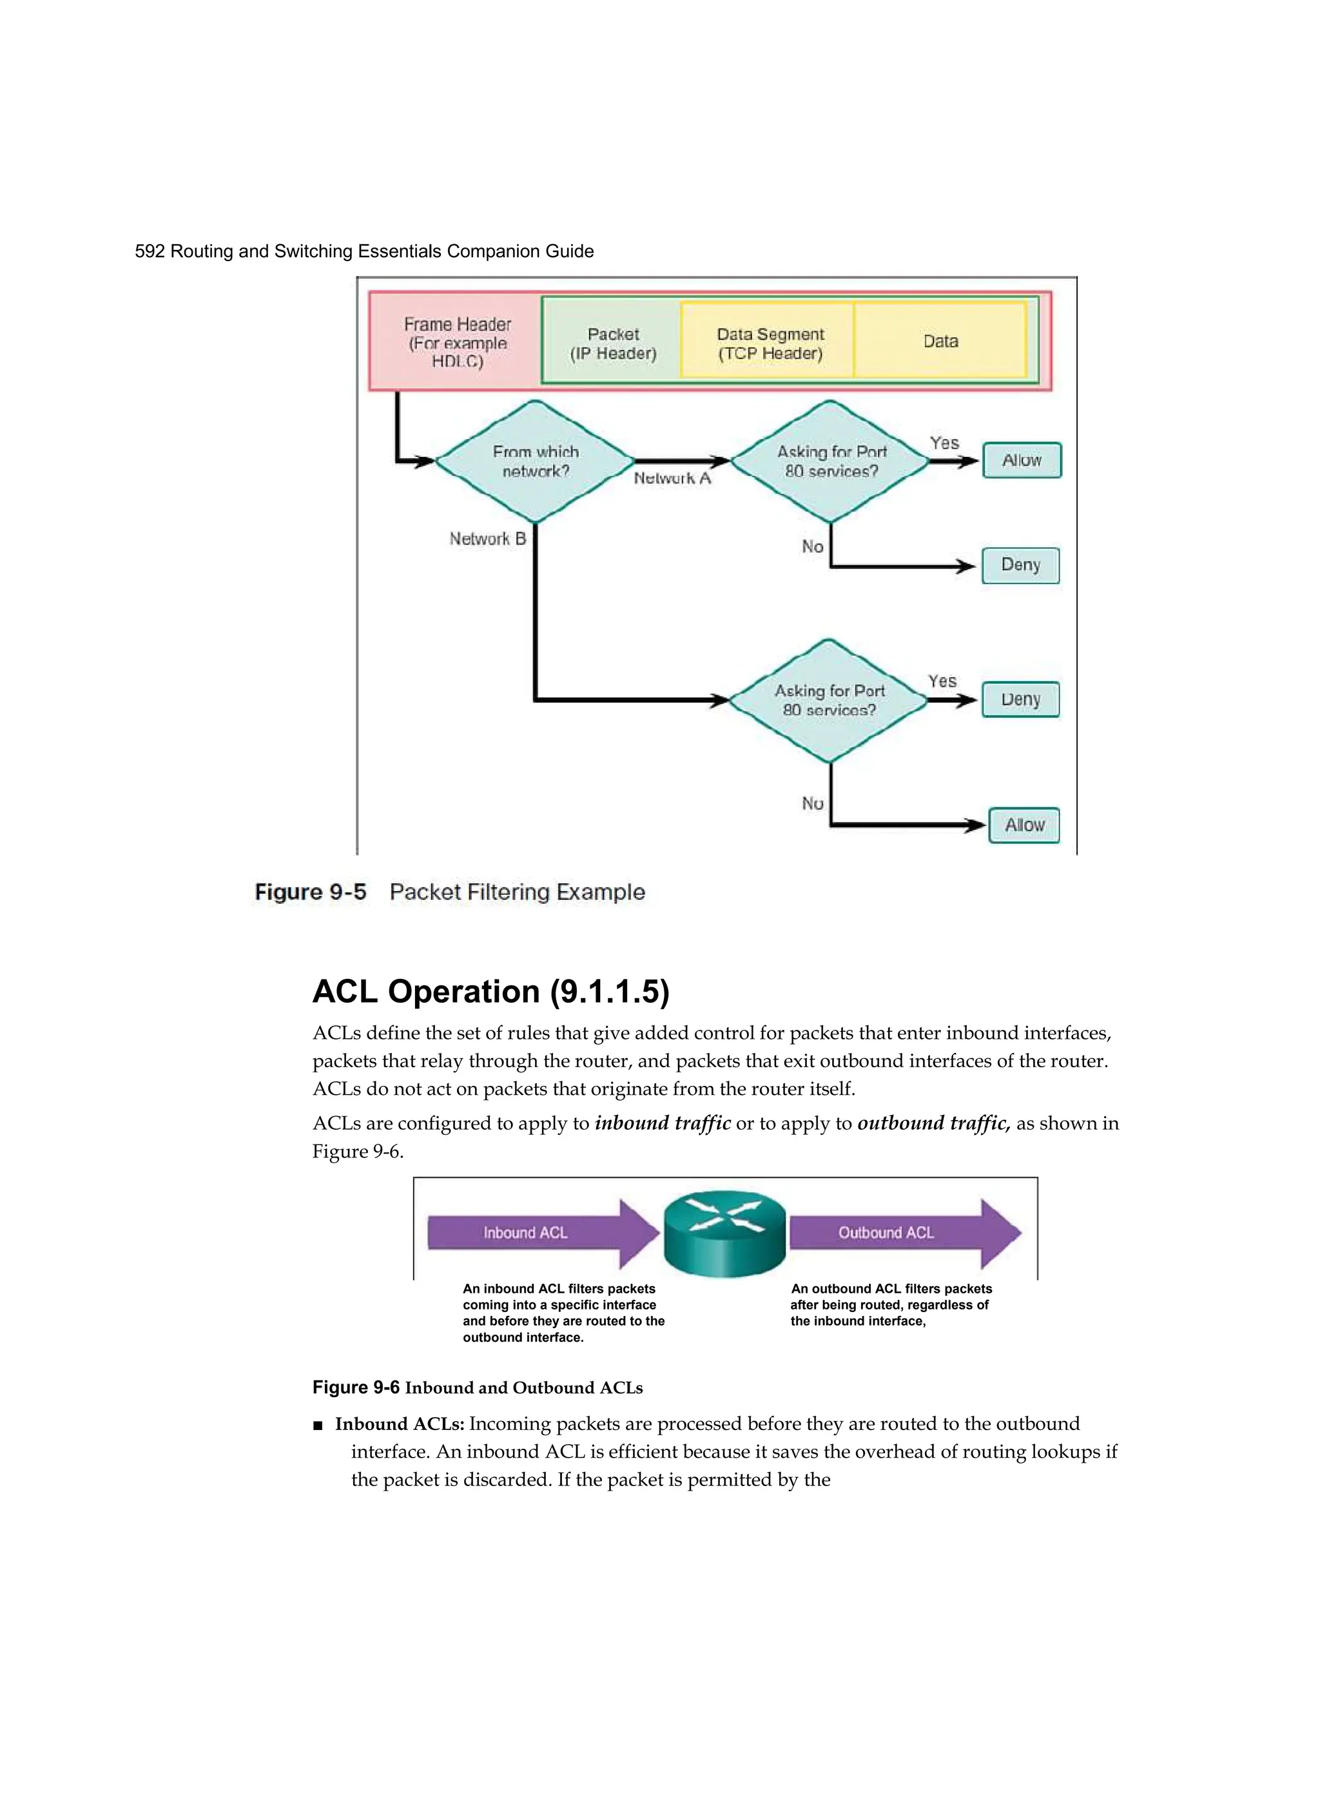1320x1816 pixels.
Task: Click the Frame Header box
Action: pos(456,342)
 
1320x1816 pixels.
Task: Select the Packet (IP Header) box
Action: pos(613,343)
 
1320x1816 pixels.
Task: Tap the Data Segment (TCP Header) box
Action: pos(769,343)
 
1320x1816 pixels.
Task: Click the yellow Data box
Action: pos(940,341)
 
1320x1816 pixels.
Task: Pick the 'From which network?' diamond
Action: pos(535,461)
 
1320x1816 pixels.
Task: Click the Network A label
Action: pos(672,478)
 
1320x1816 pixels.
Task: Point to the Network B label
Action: pos(487,539)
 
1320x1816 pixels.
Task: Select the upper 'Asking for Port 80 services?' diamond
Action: pos(831,461)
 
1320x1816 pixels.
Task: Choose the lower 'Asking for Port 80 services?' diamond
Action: pos(829,700)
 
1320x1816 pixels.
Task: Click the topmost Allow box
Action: pos(1021,460)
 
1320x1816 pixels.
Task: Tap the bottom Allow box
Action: pos(1024,825)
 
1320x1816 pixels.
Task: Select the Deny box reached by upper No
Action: pos(1020,565)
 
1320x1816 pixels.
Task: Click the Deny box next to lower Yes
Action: pos(1020,699)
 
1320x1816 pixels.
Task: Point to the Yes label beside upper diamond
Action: pos(944,443)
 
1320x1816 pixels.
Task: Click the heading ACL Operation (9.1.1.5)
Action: pos(490,991)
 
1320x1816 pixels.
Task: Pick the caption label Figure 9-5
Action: pos(310,892)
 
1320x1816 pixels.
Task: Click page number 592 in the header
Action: pos(149,251)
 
